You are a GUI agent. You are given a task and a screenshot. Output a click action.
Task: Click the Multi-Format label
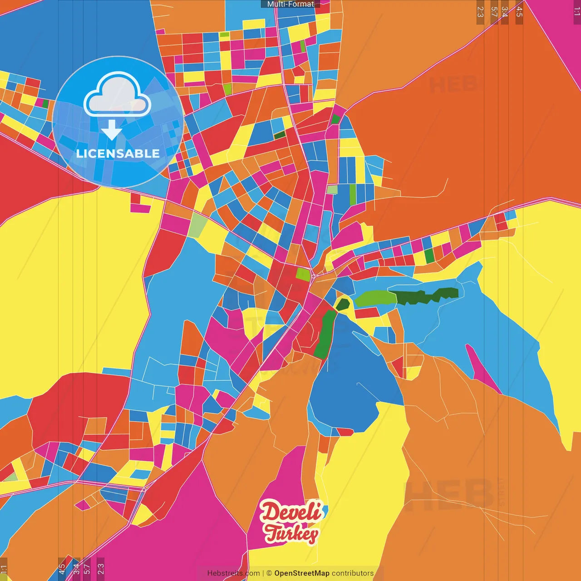[290, 4]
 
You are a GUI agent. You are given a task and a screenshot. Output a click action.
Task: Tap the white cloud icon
[117, 96]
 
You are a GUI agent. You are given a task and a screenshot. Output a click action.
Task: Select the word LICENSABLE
[118, 153]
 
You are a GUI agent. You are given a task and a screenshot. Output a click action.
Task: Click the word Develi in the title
[291, 512]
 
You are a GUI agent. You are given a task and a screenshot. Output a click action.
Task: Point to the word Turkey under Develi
[291, 533]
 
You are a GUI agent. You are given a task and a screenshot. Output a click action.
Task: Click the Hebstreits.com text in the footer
[233, 573]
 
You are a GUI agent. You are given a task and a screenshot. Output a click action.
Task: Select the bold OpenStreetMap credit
[302, 573]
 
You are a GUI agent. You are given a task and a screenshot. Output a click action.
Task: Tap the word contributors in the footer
[353, 573]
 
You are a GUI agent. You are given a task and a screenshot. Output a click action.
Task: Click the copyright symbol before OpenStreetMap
[269, 573]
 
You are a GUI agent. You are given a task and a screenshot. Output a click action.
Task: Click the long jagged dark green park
[427, 296]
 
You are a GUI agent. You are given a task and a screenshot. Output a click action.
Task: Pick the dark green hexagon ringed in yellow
[343, 304]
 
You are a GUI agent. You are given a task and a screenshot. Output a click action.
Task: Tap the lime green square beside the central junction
[303, 274]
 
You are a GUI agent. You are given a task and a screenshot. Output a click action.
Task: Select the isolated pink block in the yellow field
[140, 204]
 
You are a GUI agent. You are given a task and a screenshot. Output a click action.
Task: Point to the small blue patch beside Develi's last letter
[323, 514]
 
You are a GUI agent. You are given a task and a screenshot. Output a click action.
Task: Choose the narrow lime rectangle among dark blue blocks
[353, 194]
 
